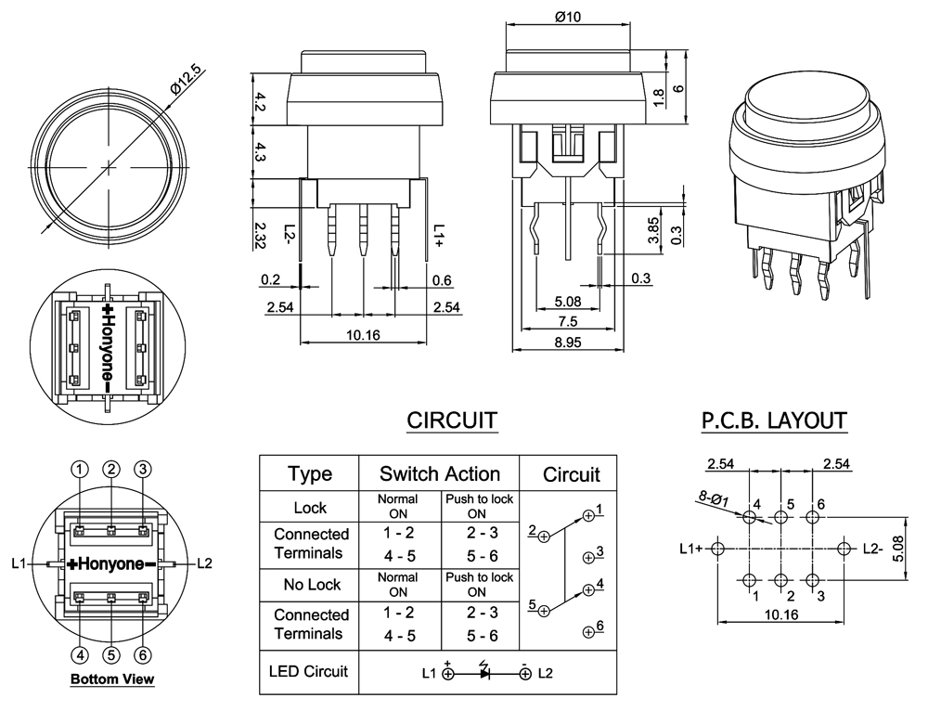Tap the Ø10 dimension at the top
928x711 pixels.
[567, 17]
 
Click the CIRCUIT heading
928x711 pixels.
[451, 420]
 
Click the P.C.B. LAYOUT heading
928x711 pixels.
[773, 420]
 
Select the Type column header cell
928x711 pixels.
[309, 474]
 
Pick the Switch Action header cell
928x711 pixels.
[439, 474]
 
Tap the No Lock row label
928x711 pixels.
[311, 585]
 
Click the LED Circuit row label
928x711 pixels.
[308, 670]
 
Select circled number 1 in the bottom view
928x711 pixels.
[81, 469]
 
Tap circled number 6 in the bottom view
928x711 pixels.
[143, 655]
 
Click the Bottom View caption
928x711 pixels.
[112, 679]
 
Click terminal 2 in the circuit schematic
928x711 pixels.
[544, 536]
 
